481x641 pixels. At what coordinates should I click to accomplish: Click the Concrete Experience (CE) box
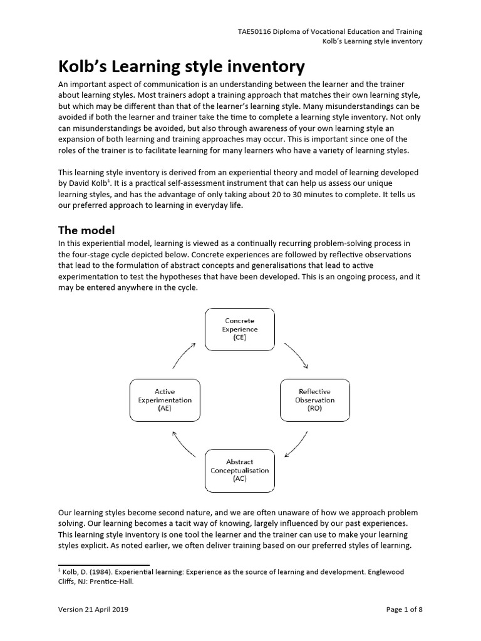tap(240, 329)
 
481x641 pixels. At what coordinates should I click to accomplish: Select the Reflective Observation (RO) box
tap(315, 399)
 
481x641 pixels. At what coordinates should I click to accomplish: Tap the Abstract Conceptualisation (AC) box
tap(240, 470)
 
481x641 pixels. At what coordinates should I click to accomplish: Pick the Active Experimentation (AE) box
tap(165, 399)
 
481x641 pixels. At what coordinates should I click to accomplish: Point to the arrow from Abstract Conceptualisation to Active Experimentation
tap(186, 446)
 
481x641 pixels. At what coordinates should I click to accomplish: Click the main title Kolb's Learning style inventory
tap(182, 66)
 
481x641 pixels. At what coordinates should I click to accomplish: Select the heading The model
tap(86, 230)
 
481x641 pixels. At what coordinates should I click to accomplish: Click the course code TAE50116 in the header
tap(256, 31)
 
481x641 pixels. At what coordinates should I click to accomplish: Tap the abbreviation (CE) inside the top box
tap(240, 337)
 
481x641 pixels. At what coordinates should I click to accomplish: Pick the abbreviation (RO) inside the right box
tap(315, 408)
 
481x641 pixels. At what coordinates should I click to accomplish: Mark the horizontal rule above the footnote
tap(103, 565)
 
